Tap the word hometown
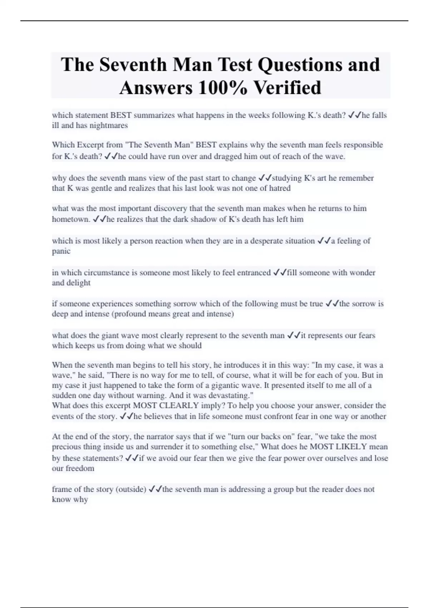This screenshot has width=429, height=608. click(x=70, y=219)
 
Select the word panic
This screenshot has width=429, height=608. click(x=61, y=251)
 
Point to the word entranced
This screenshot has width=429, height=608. click(x=253, y=273)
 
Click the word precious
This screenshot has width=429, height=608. click(x=66, y=447)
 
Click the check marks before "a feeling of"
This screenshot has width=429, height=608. click(x=324, y=241)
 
